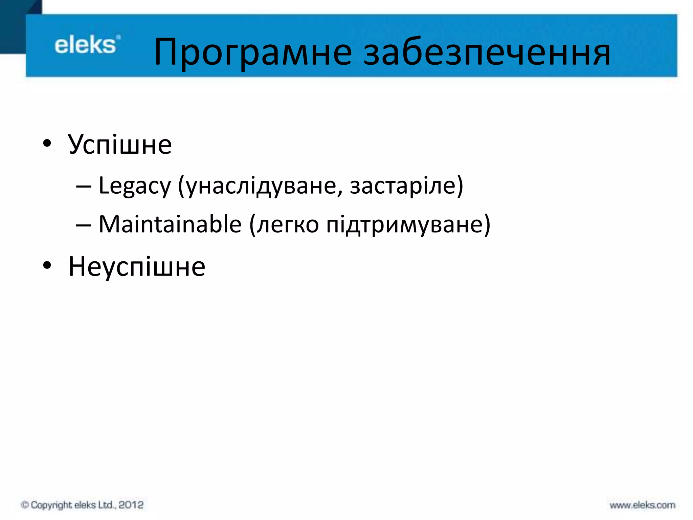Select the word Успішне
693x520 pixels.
[x=120, y=145]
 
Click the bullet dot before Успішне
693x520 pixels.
[x=47, y=143]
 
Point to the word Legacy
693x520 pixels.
[x=135, y=186]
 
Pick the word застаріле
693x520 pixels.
[x=402, y=186]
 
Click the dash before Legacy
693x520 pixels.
[x=83, y=187]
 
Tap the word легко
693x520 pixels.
[x=288, y=225]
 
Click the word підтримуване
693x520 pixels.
[x=404, y=225]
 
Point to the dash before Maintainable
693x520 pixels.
[x=83, y=225]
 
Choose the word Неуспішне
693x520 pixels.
[x=137, y=267]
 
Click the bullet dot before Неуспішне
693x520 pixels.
[x=47, y=265]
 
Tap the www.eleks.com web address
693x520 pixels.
[x=642, y=505]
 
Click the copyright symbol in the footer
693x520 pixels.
[x=25, y=505]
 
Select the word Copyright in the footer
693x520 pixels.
[x=51, y=505]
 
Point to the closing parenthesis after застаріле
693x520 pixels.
[x=460, y=186]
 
